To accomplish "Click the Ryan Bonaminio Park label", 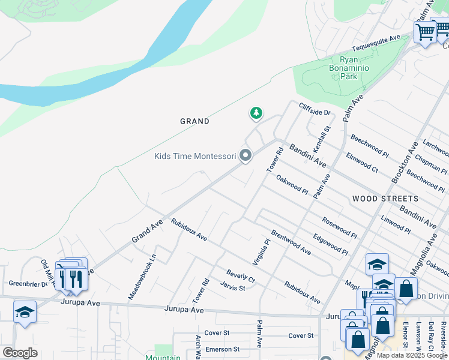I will (x=358, y=68).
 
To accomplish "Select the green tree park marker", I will (x=256, y=112).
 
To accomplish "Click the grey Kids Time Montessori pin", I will (x=245, y=155).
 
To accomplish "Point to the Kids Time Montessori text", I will (x=195, y=157).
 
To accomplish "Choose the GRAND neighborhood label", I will (x=195, y=121).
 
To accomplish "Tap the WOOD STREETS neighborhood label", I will (x=385, y=199).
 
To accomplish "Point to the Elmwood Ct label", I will (x=362, y=163).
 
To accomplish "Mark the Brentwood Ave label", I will (x=291, y=242).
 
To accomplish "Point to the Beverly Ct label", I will (x=241, y=277).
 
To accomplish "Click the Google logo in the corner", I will (x=20, y=353).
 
